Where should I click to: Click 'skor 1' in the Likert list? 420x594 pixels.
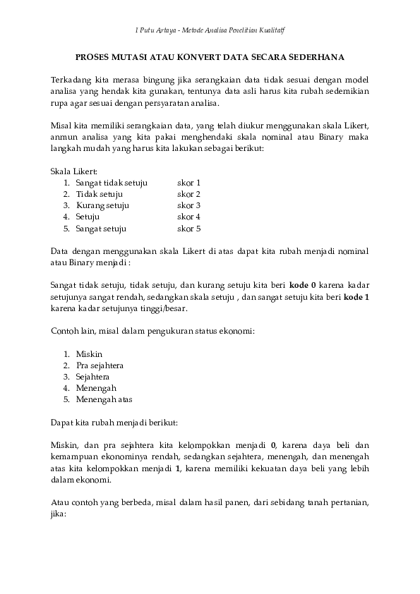tap(189, 183)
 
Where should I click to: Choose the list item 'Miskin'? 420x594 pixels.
tap(89, 353)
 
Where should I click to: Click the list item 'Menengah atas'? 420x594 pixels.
tap(104, 400)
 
